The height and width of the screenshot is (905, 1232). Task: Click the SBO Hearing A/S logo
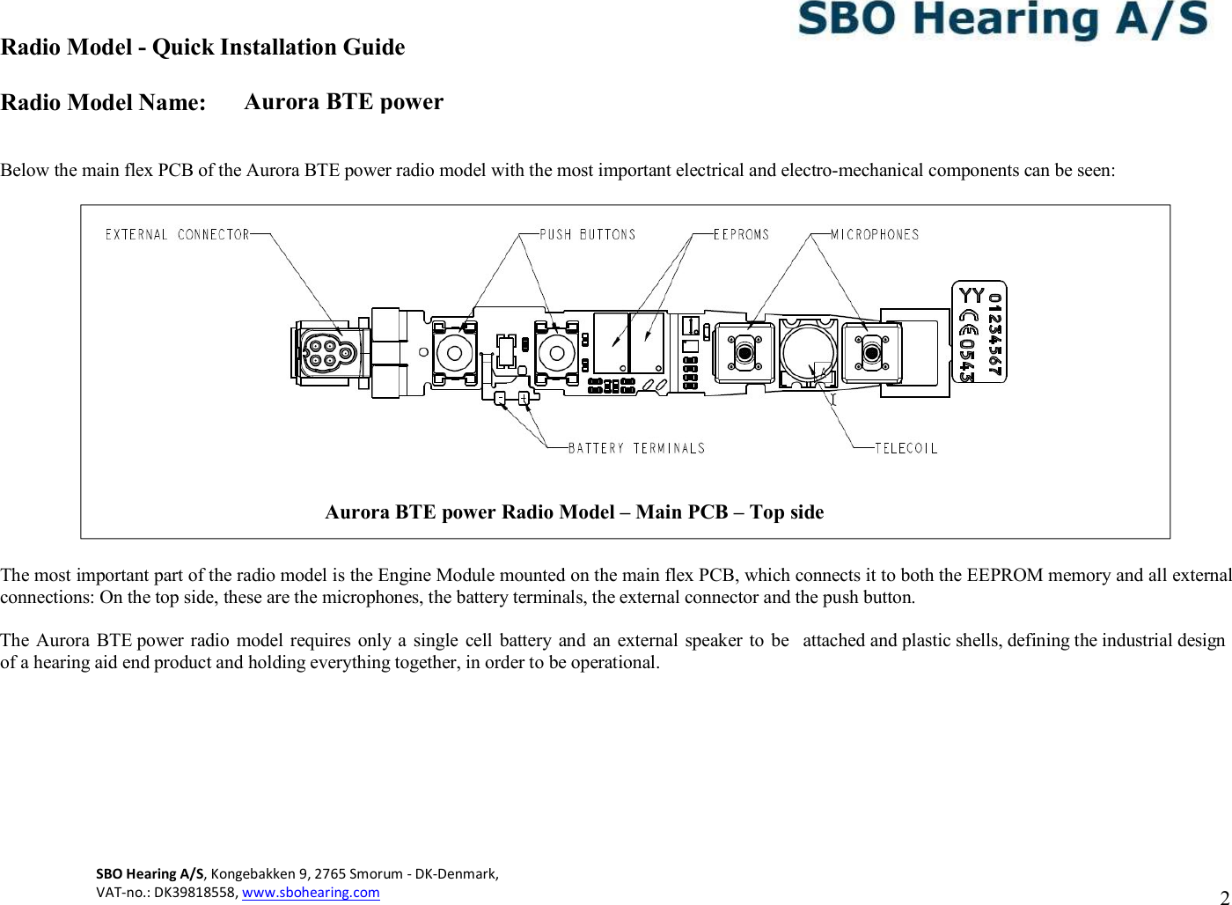[x=1003, y=20]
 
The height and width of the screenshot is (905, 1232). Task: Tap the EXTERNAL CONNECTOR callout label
[x=177, y=234]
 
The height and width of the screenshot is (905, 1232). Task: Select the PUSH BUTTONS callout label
[x=587, y=234]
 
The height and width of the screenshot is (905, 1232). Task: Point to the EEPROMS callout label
[x=741, y=234]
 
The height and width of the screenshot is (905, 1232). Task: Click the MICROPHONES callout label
[x=875, y=234]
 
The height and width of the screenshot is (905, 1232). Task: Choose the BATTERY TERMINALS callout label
[x=636, y=448]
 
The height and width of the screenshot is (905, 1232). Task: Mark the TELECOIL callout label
[x=906, y=448]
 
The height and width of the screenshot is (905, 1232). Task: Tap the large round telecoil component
[x=808, y=351]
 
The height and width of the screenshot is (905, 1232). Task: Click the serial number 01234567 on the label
[x=994, y=334]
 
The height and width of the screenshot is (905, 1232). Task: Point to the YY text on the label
[x=971, y=296]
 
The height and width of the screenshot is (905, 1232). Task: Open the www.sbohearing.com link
[x=311, y=892]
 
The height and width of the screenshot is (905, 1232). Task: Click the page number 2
[x=1224, y=894]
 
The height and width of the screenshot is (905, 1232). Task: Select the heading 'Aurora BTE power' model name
[x=343, y=102]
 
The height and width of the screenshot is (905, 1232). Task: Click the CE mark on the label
[x=968, y=318]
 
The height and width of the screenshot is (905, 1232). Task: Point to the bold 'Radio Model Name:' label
[x=103, y=103]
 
